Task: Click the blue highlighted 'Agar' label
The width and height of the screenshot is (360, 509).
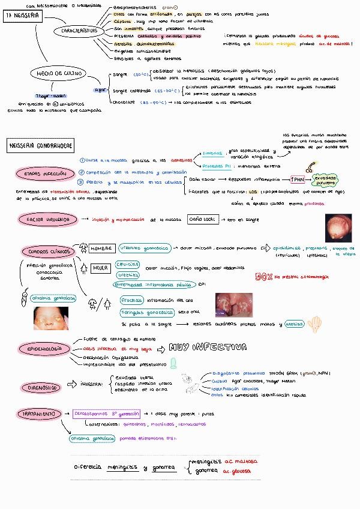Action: tap(100, 89)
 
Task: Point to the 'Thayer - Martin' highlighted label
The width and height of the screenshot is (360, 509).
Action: tap(33, 96)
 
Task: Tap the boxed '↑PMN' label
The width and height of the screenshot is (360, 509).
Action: tap(298, 179)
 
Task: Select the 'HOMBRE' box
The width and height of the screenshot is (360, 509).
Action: tap(101, 248)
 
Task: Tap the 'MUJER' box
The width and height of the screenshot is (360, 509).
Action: tap(100, 268)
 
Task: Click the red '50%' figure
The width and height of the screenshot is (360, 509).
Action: tap(264, 277)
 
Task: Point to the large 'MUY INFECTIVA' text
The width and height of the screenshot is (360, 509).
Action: tap(208, 348)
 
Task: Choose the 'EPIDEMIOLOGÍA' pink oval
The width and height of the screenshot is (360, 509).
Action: tap(44, 348)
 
